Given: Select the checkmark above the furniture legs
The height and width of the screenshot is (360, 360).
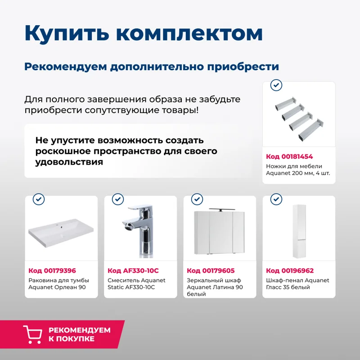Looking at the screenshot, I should click(x=276, y=85).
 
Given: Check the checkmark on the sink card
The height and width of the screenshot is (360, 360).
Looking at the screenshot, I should click(x=39, y=199).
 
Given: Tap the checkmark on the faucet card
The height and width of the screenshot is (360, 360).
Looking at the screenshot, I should click(x=118, y=199).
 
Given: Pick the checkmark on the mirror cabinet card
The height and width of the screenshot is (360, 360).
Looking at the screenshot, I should click(x=197, y=199).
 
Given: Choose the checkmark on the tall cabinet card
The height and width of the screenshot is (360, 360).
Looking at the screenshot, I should click(x=276, y=199).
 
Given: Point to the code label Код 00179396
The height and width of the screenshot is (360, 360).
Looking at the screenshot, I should click(x=52, y=270).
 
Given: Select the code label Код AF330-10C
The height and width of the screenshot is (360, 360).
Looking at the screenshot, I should click(x=133, y=270).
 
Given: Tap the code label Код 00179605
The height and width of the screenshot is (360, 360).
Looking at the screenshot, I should click(x=211, y=270).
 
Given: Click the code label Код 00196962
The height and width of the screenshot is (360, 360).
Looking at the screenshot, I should click(x=290, y=270).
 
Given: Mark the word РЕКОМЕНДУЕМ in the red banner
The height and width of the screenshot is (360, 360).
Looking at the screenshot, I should click(x=79, y=330).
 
